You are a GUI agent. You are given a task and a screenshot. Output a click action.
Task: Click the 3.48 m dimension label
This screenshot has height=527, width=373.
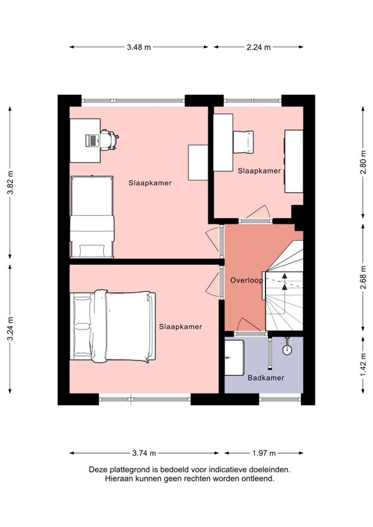point(139,47)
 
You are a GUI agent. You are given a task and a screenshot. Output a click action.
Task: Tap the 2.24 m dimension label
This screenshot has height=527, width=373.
point(259,47)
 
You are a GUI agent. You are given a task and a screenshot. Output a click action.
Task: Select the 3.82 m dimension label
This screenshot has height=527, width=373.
point(11,183)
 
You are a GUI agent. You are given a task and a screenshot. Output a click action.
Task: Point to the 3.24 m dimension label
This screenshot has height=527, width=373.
point(11,329)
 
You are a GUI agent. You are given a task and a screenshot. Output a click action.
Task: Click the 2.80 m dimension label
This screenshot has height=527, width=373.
point(363,162)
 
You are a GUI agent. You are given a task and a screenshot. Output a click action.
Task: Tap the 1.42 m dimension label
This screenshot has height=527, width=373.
point(363,365)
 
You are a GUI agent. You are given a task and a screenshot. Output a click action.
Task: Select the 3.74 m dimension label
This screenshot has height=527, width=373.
point(144,453)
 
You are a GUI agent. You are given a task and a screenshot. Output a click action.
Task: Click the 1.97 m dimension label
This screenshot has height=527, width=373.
point(264,453)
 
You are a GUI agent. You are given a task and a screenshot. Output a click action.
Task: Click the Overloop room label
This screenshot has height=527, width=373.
point(246,280)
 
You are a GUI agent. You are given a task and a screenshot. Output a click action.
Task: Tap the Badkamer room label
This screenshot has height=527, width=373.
point(265,378)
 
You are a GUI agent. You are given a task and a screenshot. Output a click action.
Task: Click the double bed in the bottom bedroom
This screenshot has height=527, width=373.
point(113,326)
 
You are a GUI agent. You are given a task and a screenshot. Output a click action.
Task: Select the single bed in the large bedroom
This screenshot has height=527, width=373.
point(92,217)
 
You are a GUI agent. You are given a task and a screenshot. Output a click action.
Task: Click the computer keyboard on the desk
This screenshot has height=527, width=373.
point(92,140)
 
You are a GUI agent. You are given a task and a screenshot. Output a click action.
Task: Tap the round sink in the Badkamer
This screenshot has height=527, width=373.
point(287,350)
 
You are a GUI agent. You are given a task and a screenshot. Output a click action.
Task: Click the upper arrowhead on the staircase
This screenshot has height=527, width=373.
point(285,276)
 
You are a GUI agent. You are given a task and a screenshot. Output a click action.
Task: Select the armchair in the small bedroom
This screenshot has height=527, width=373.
point(243,142)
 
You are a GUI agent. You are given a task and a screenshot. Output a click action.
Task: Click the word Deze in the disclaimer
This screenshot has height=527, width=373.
point(97,470)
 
